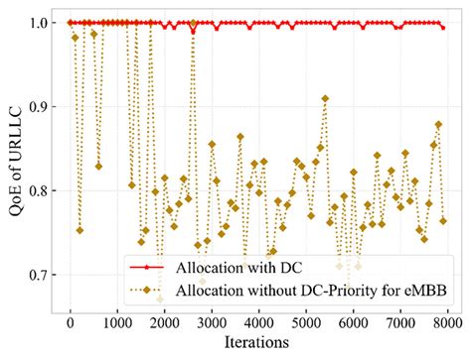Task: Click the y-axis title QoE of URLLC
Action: (13, 156)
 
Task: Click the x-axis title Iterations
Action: (255, 342)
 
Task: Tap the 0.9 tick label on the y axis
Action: (39, 106)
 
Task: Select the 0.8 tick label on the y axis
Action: (39, 190)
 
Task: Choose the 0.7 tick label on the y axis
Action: (39, 275)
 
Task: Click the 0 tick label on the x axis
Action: (70, 322)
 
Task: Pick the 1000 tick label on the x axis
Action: (117, 322)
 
